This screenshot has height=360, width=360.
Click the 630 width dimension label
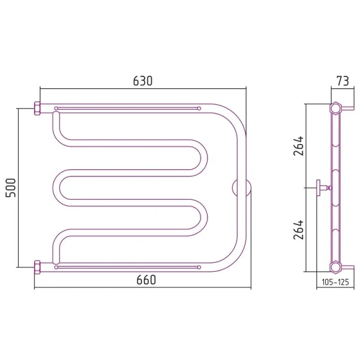[x=143, y=81]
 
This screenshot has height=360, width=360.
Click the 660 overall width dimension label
[x=146, y=280]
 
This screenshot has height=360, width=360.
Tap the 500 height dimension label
[x=11, y=188]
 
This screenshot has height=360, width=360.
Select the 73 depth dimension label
[x=343, y=81]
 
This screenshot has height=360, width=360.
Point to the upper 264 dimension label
[x=298, y=146]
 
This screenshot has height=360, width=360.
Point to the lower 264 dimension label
[x=298, y=230]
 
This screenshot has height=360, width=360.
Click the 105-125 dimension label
[x=335, y=282]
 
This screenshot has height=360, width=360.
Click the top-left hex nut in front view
[x=37, y=109]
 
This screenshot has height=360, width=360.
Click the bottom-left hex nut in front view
[x=37, y=267]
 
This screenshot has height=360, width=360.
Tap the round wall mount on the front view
[x=242, y=188]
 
